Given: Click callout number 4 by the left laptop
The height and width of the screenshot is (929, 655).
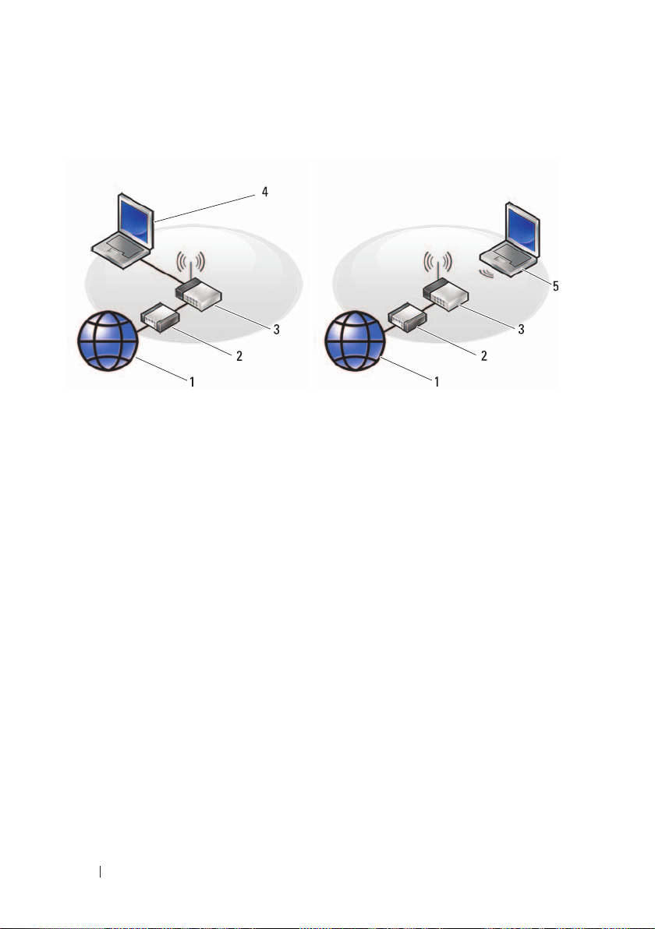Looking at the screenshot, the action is point(265,191).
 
